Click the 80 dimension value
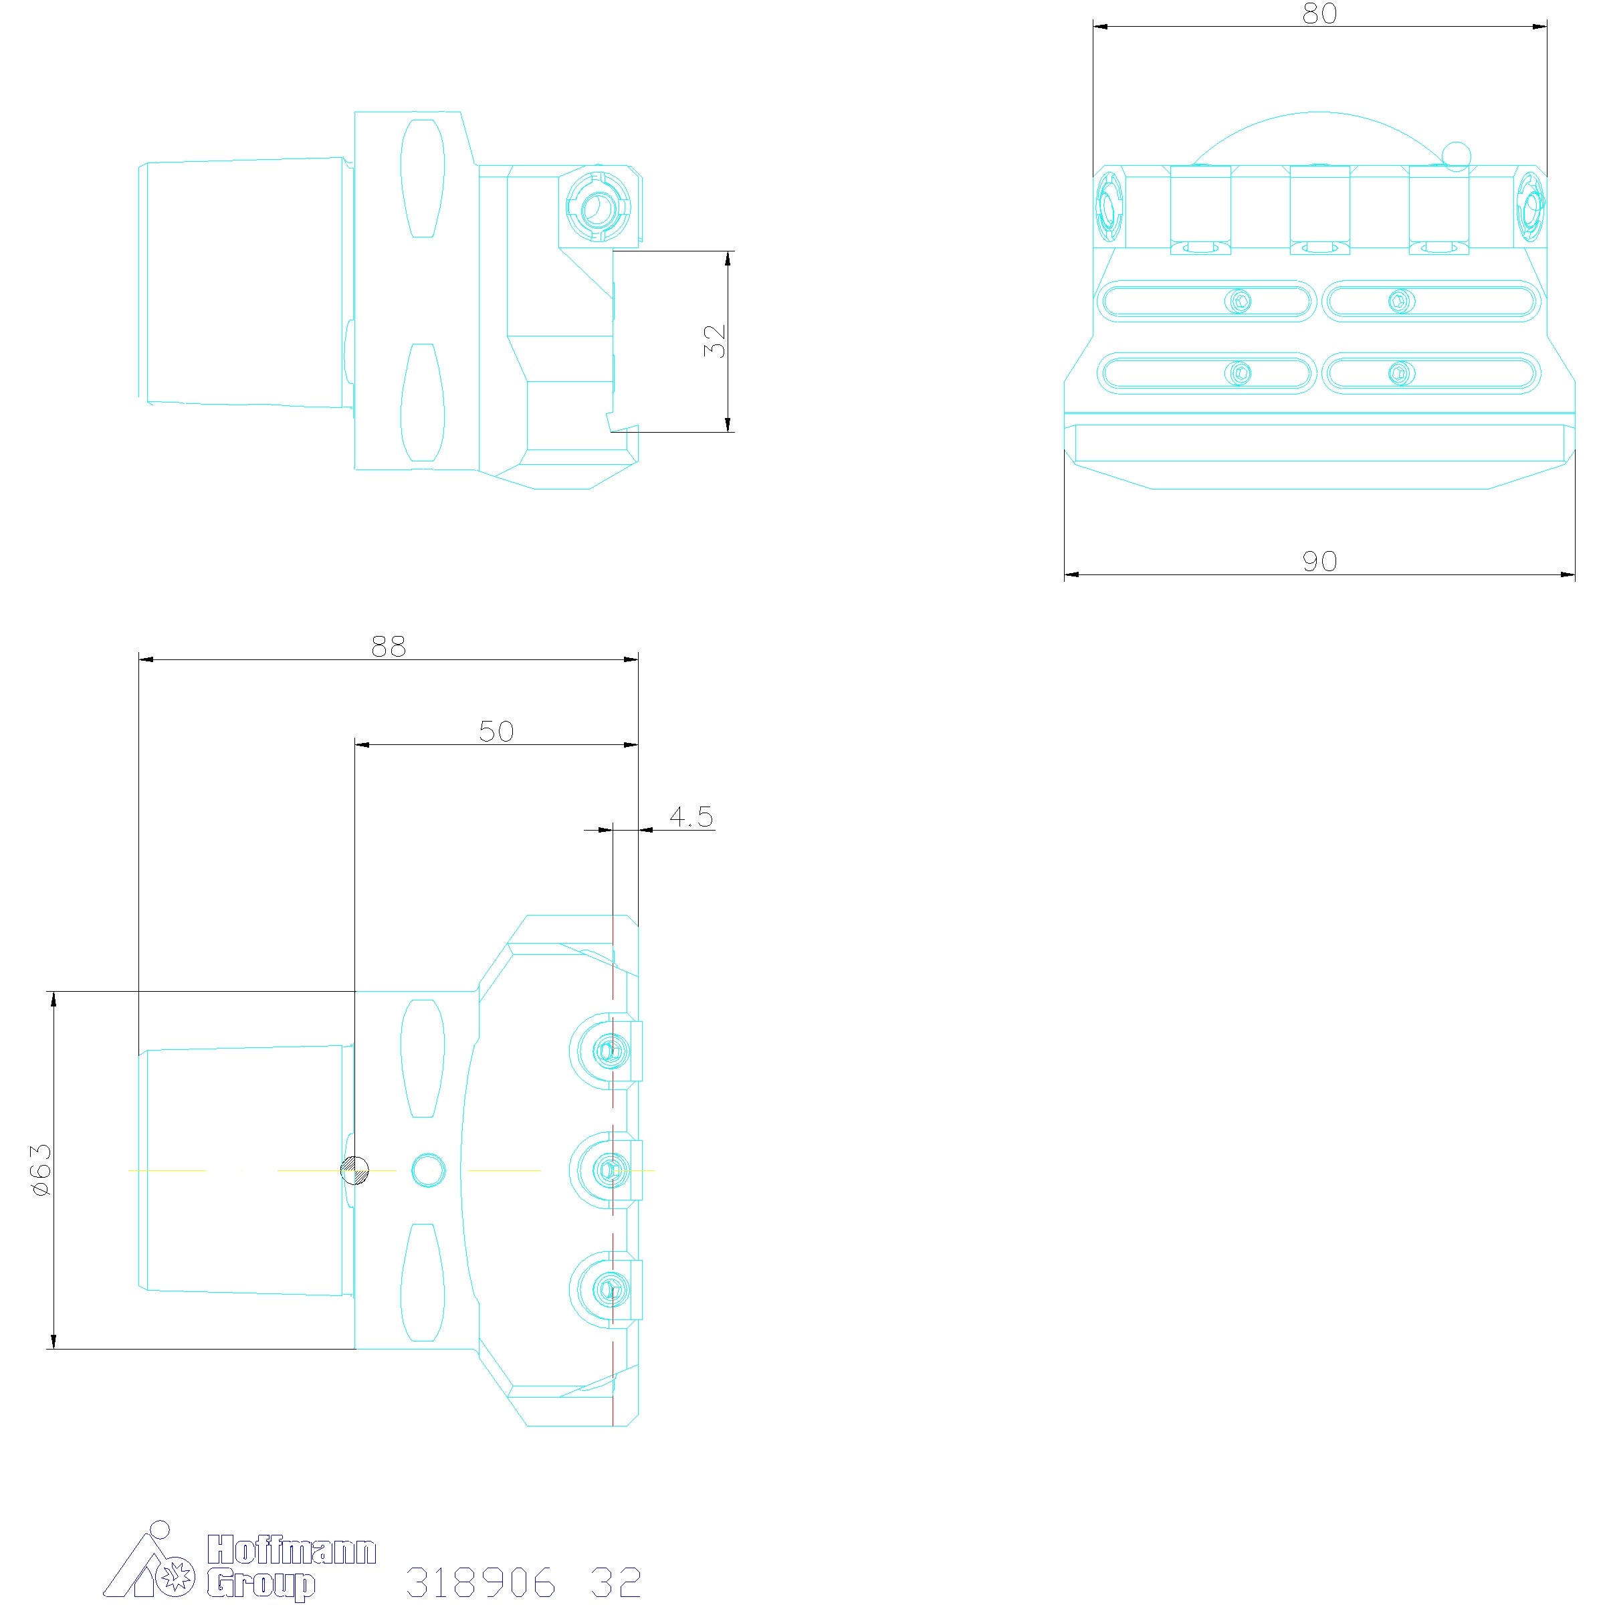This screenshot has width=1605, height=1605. coord(1319,13)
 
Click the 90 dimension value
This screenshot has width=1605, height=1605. coord(1319,562)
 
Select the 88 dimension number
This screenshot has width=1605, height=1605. coord(388,646)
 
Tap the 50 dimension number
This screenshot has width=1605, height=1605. coord(496,732)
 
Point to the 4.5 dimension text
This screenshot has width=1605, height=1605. coord(691,817)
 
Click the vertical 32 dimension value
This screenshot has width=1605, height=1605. coord(714,340)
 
